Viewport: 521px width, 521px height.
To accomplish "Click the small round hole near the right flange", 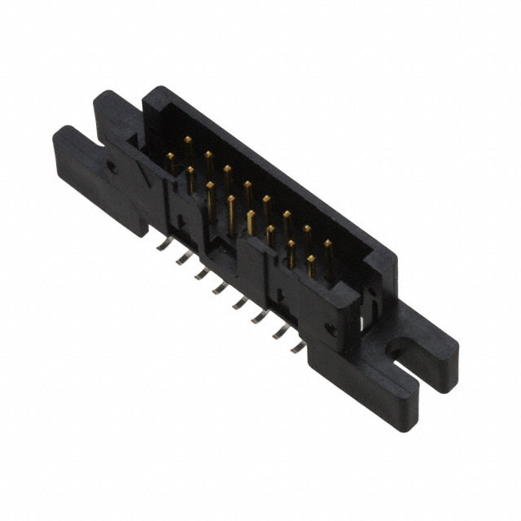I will (331, 329).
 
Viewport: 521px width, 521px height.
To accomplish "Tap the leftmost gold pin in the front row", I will (170, 156).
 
